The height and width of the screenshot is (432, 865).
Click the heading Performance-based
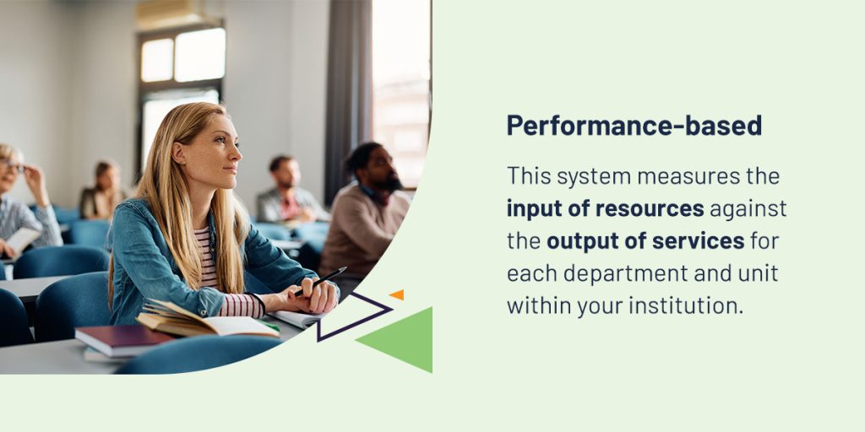tap(634, 126)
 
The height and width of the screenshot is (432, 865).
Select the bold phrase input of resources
tap(605, 209)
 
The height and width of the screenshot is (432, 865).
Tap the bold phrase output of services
tap(645, 241)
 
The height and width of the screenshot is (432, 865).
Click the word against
tap(748, 210)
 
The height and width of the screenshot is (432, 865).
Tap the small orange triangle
tap(397, 294)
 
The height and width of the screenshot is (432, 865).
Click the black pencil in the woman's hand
tap(320, 281)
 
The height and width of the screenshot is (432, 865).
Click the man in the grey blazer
tap(289, 190)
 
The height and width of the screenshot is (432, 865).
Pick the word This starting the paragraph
tap(528, 176)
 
